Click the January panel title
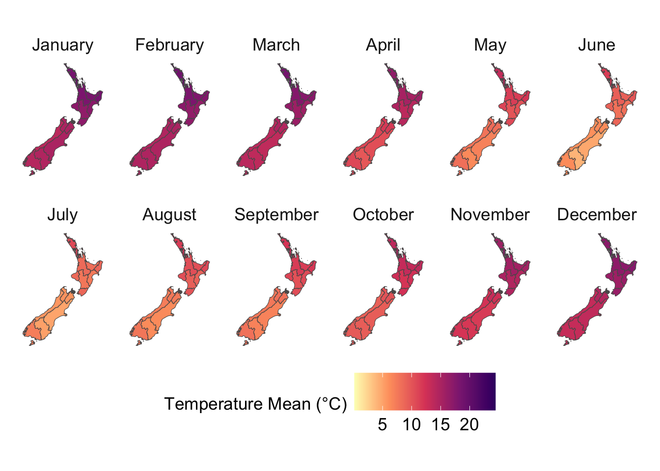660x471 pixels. pyautogui.click(x=62, y=45)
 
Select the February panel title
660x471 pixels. pyautogui.click(x=169, y=45)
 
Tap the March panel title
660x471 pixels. pyautogui.click(x=276, y=45)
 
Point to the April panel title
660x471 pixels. pyautogui.click(x=383, y=45)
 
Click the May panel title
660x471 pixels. pyautogui.click(x=490, y=45)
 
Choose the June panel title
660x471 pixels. pyautogui.click(x=597, y=45)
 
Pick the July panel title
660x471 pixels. pyautogui.click(x=62, y=215)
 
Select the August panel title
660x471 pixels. pyautogui.click(x=169, y=215)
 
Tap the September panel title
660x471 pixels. pyautogui.click(x=276, y=215)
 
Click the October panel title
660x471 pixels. pyautogui.click(x=383, y=215)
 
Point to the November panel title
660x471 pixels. pyautogui.click(x=490, y=215)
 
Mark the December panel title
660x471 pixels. pyautogui.click(x=597, y=215)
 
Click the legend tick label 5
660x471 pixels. pyautogui.click(x=383, y=424)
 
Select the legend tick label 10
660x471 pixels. pyautogui.click(x=412, y=424)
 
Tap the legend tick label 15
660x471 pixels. pyautogui.click(x=440, y=424)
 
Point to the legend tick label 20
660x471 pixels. pyautogui.click(x=469, y=424)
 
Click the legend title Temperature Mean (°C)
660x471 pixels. pyautogui.click(x=255, y=404)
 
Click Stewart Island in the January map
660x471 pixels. pyautogui.click(x=32, y=173)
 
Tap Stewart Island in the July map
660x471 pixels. pyautogui.click(x=32, y=343)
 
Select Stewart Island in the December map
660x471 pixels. pyautogui.click(x=566, y=343)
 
